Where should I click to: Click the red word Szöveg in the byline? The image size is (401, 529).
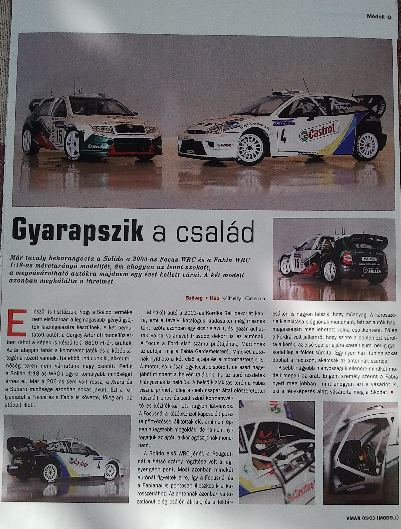[x=194, y=298]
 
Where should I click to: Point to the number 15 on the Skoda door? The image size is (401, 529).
[x=59, y=138]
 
